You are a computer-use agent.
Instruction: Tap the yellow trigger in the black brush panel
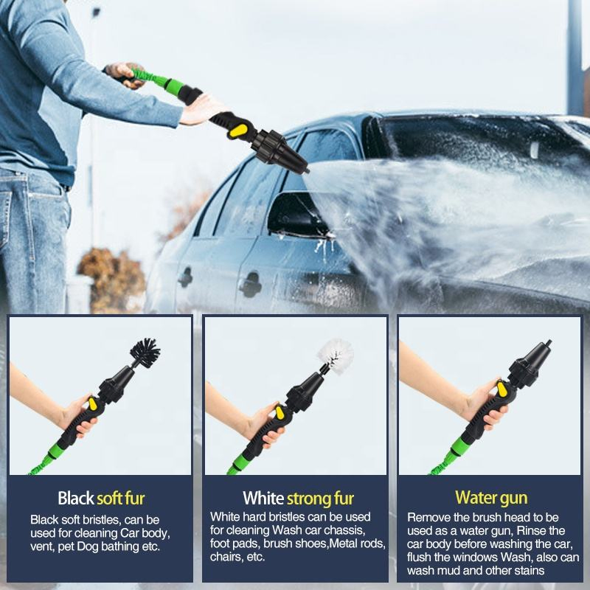tap(93, 403)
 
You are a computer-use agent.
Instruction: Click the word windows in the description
tap(484, 558)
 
